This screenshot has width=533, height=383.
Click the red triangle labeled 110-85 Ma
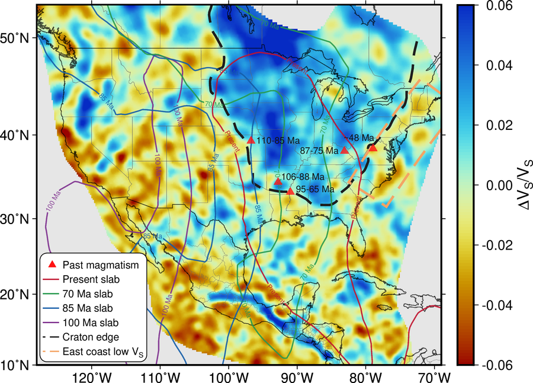(x=251, y=141)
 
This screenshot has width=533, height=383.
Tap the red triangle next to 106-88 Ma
(x=278, y=181)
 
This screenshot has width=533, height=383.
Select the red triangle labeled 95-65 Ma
(x=290, y=191)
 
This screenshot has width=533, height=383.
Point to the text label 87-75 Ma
(x=320, y=151)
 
